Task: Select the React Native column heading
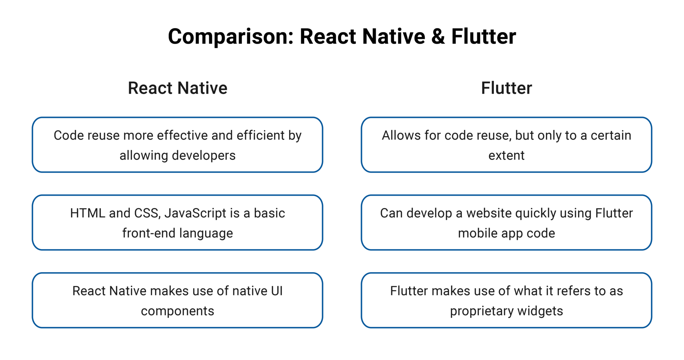point(177,88)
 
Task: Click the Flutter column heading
point(506,88)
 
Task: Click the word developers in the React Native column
point(204,155)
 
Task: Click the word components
point(177,311)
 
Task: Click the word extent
point(506,155)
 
